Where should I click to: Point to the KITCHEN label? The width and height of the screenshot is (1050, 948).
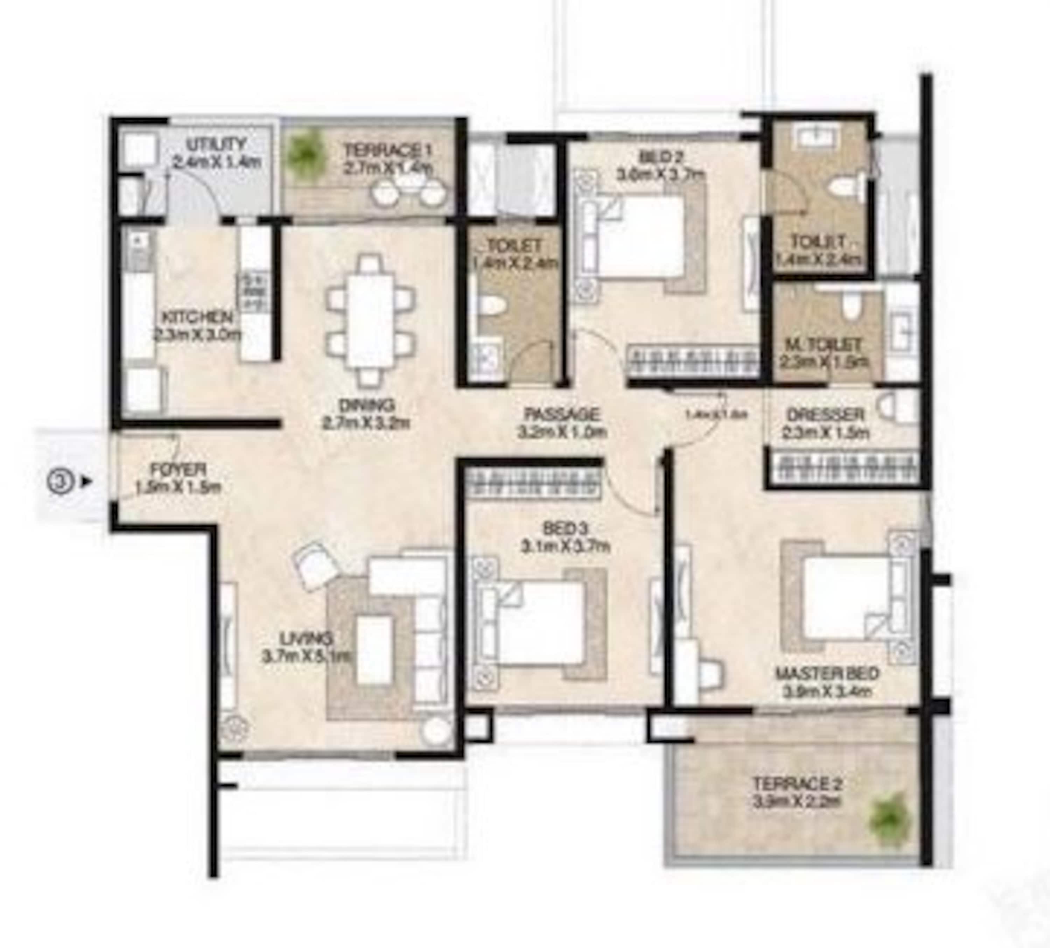click(197, 317)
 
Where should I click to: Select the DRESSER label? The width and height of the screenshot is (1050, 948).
click(826, 415)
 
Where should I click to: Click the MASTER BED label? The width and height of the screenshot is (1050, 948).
click(827, 673)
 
